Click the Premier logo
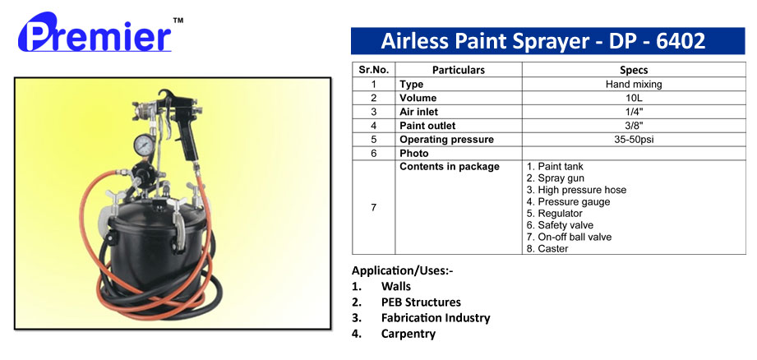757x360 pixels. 95,33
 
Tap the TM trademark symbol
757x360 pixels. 178,21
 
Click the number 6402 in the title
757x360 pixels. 681,41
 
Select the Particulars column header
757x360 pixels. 458,70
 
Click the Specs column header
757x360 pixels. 634,70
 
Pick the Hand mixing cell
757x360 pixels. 634,84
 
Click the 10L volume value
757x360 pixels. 634,98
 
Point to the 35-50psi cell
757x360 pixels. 634,140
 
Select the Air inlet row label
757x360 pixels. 418,112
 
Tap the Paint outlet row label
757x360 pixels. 427,126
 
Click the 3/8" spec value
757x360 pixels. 634,126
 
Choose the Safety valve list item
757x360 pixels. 560,225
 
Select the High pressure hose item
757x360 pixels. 576,190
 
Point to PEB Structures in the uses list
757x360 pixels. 421,302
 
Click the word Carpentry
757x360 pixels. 409,334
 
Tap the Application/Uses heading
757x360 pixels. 403,270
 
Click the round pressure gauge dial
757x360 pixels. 143,145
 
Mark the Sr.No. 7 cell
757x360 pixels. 373,207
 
